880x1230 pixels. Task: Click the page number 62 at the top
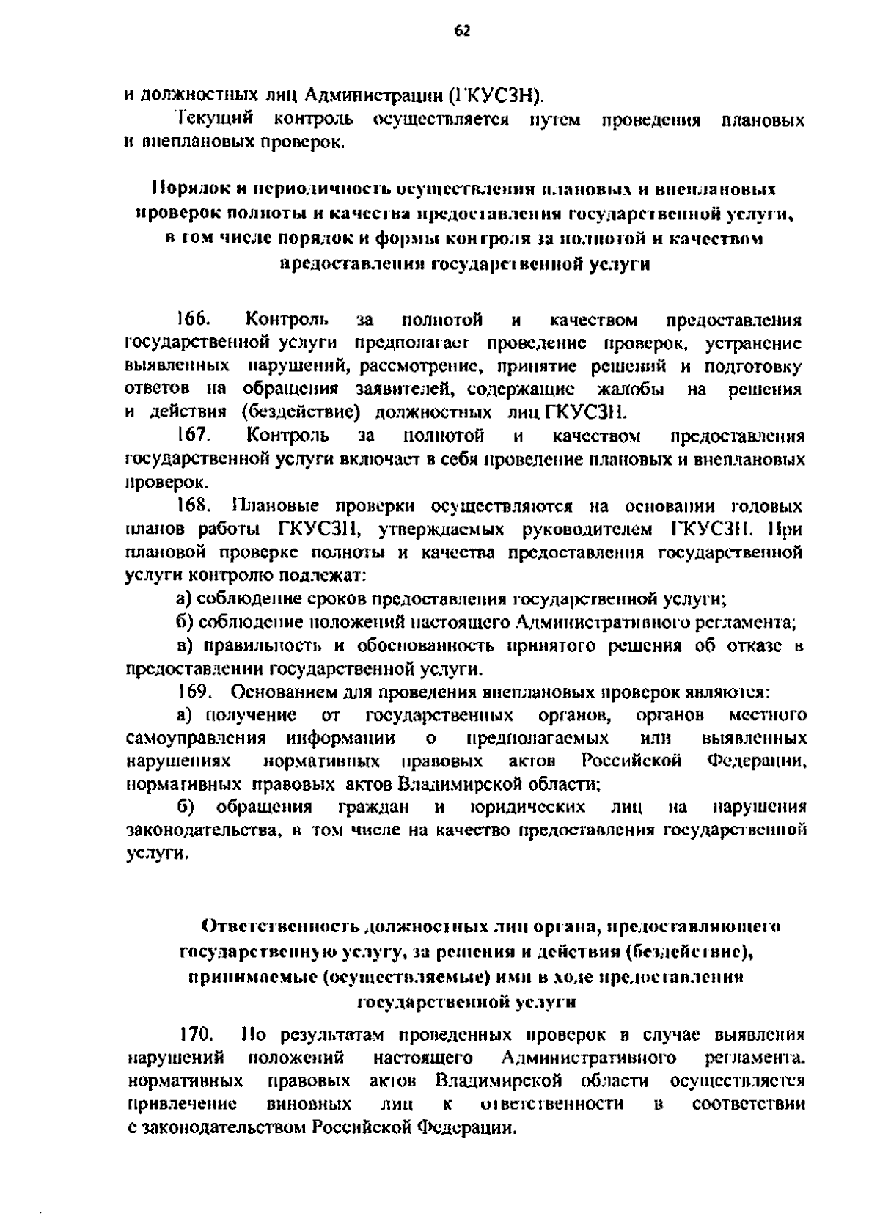coord(461,30)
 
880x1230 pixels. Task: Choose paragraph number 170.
coord(196,1035)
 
